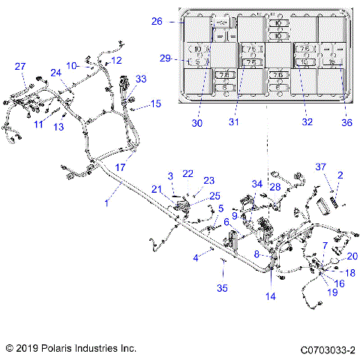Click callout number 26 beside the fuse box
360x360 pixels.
[x=157, y=22]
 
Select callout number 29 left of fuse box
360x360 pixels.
[x=165, y=58]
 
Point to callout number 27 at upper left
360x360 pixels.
[x=20, y=67]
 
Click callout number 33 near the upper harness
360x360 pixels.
[x=141, y=79]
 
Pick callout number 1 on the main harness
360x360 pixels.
[x=106, y=202]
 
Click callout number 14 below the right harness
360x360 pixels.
[x=271, y=296]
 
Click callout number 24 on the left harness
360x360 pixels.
[x=55, y=72]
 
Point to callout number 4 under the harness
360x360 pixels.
[x=196, y=258]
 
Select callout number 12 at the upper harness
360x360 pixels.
[x=115, y=59]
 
